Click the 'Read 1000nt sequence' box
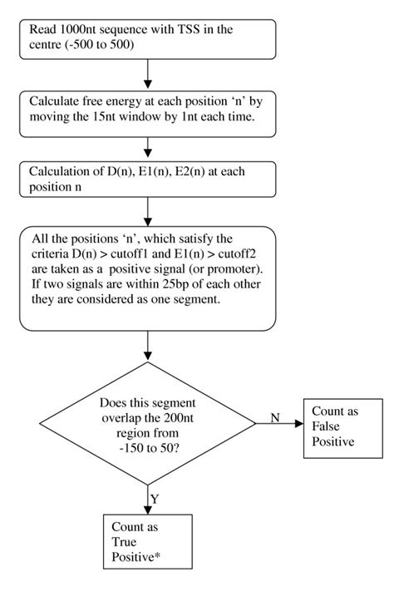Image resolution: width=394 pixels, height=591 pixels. [147, 37]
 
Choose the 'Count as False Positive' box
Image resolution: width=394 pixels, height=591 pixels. [340, 427]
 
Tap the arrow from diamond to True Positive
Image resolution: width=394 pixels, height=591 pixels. [147, 499]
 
